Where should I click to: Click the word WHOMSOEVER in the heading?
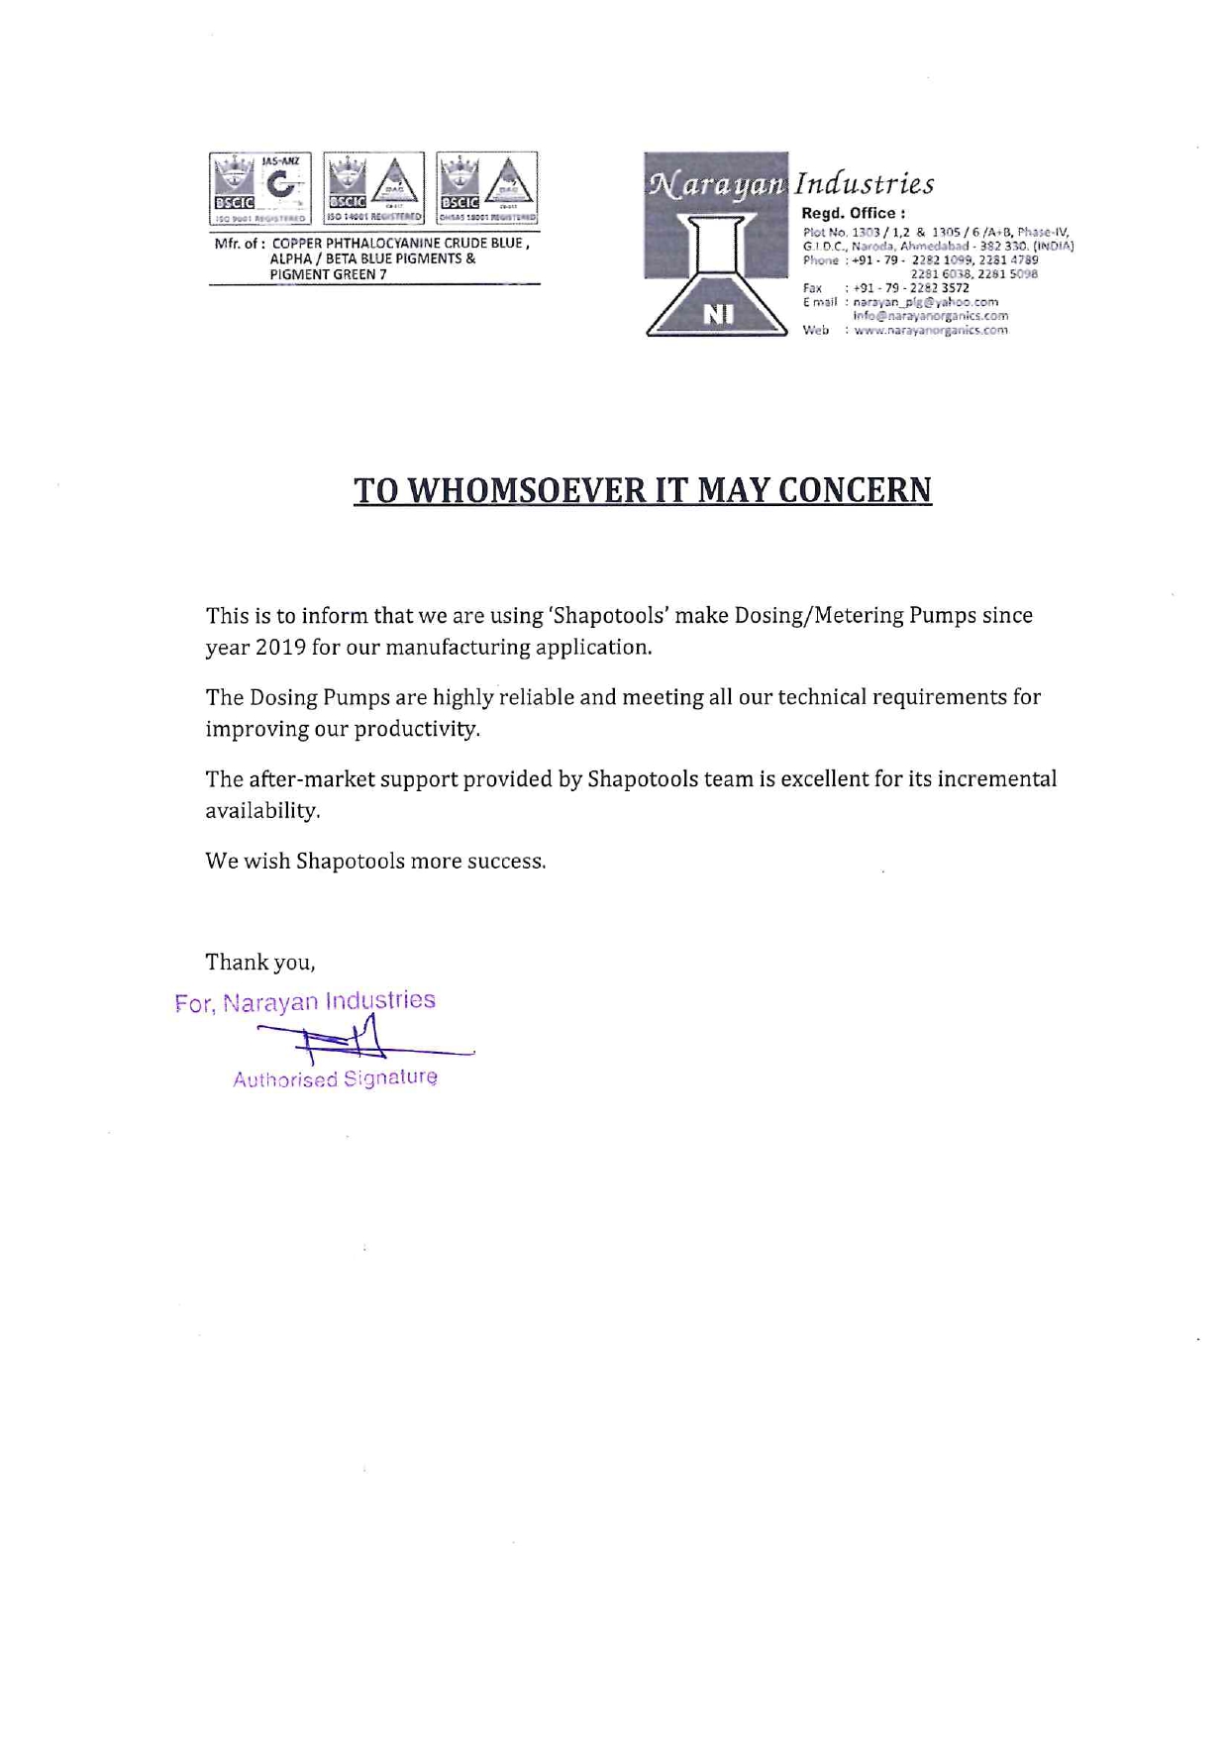click(522, 490)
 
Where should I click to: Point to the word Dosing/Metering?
click(819, 616)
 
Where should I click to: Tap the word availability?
click(262, 811)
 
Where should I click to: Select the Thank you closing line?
click(259, 963)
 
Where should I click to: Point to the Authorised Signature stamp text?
click(335, 1078)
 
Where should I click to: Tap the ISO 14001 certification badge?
click(373, 188)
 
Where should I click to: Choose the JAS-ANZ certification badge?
click(260, 188)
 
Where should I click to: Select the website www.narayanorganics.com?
click(930, 331)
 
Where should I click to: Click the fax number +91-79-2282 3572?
click(910, 288)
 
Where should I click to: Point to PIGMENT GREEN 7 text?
click(328, 274)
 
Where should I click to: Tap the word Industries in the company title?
click(865, 184)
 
